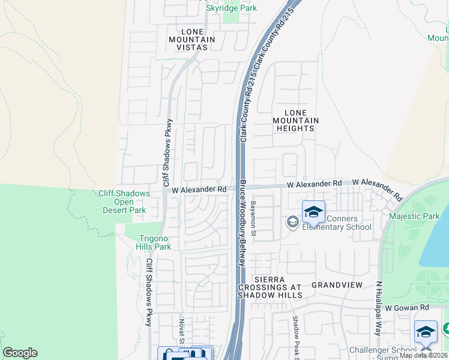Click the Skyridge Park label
tap(231, 8)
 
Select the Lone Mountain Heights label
tap(295, 121)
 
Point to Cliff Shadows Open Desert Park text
tap(122, 202)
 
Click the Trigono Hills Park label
tap(155, 242)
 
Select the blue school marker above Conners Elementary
tap(313, 212)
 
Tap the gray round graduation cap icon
tap(292, 223)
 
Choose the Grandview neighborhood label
tap(335, 286)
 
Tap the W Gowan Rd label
tap(408, 307)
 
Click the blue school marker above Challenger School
tap(426, 332)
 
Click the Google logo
tap(20, 353)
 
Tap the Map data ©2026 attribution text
tap(423, 355)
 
